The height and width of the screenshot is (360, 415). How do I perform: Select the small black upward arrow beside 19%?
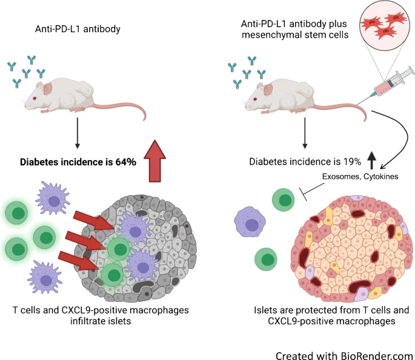point(371,160)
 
